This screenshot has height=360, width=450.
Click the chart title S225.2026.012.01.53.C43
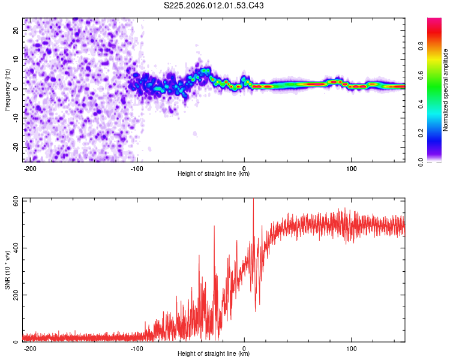point(214,5)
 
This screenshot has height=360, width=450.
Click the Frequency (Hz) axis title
point(7,89)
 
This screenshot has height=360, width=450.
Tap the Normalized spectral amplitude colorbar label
point(446,90)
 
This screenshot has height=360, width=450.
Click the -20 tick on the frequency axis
point(15,147)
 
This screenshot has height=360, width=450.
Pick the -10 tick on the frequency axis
point(15,118)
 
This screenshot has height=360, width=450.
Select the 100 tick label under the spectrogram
point(351,167)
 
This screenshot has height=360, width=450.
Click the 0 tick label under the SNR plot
point(244,347)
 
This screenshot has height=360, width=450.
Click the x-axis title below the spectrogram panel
point(214,174)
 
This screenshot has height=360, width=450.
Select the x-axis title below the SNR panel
point(214,354)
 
